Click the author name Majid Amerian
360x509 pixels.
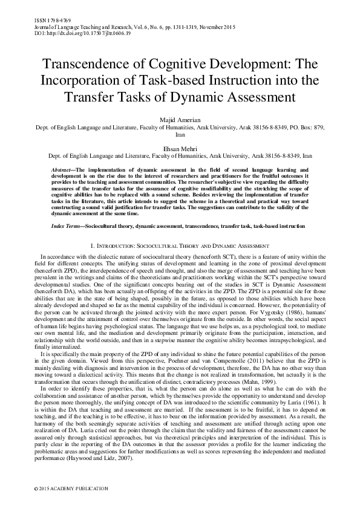180,121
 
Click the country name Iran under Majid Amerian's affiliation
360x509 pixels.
180,135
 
